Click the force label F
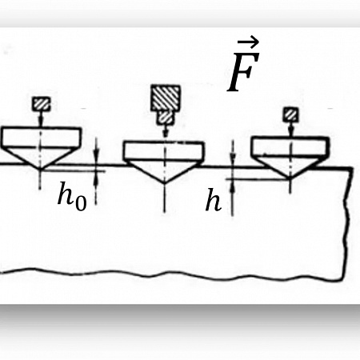tap(243, 72)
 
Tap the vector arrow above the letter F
tap(248, 42)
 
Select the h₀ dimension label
tap(72, 196)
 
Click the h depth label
tap(214, 200)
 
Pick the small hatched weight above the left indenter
tap(41, 104)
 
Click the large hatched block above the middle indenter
tap(166, 98)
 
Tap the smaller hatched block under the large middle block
tap(166, 118)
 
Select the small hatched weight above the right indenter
tap(290, 114)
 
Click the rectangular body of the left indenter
tap(42, 138)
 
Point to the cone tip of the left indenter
tap(41, 169)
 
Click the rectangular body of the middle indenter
tap(164, 151)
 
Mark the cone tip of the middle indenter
tap(164, 182)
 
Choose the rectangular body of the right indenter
tap(290, 146)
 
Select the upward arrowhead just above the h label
tap(233, 186)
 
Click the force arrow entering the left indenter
tap(41, 119)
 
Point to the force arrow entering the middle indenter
tap(166, 130)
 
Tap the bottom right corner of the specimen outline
tap(342, 279)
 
